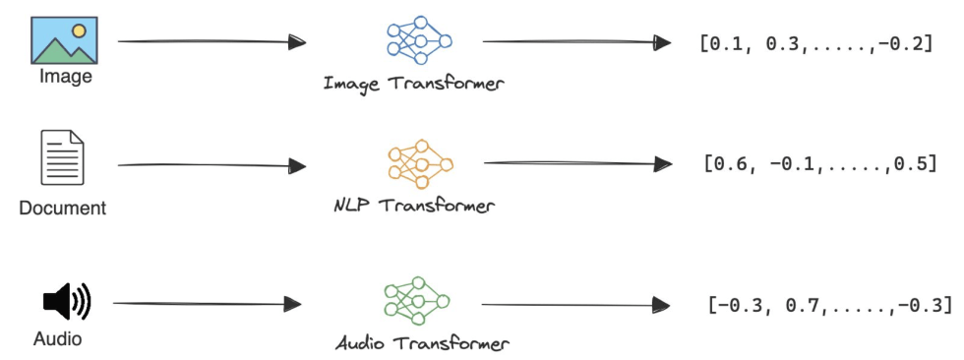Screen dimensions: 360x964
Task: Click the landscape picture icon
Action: point(64,39)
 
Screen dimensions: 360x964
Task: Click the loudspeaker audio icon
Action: point(66,302)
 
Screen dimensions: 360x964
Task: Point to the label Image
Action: point(65,76)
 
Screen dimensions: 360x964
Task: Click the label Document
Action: point(62,209)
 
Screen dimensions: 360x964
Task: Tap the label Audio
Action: point(57,340)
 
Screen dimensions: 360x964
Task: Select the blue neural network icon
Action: point(418,40)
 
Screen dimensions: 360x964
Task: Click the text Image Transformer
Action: point(413,84)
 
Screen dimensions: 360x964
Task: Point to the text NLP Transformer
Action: point(413,207)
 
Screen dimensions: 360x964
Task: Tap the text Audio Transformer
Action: point(422,344)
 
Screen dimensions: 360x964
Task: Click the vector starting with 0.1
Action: point(815,43)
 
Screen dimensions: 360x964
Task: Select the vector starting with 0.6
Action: point(819,163)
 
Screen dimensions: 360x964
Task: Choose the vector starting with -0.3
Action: point(829,305)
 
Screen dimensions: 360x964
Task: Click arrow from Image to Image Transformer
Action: point(211,42)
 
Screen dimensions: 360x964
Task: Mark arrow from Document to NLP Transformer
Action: point(211,165)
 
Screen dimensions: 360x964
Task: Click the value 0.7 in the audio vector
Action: point(803,305)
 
